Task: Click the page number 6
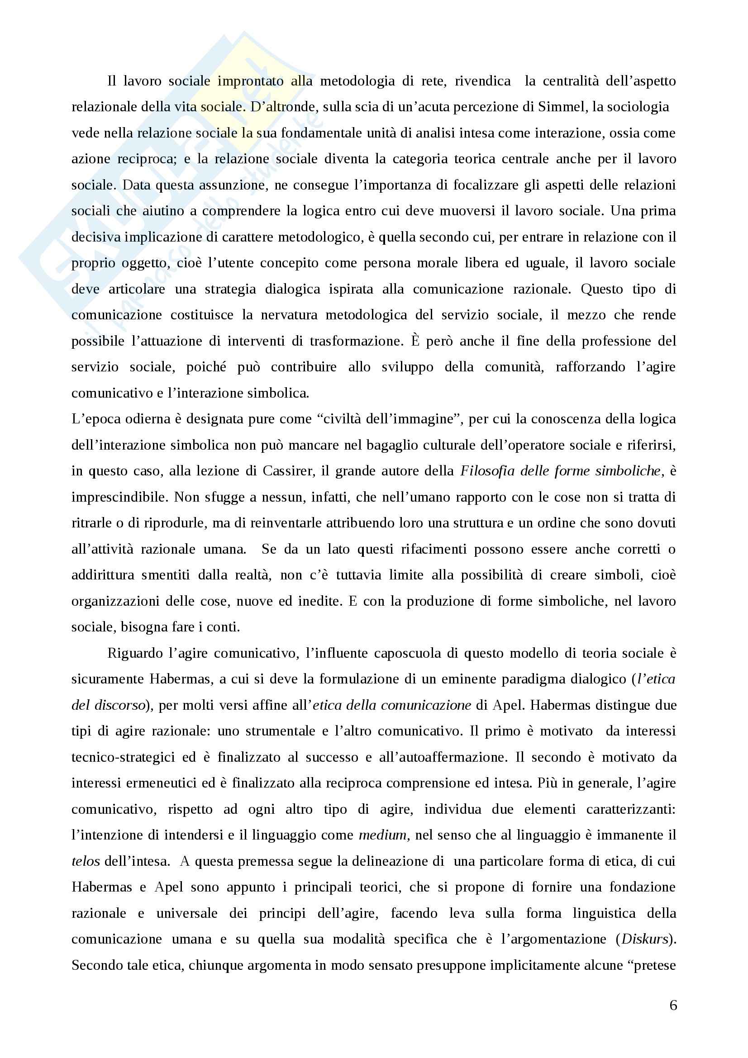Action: coord(673,1005)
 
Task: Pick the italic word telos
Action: coord(86,861)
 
